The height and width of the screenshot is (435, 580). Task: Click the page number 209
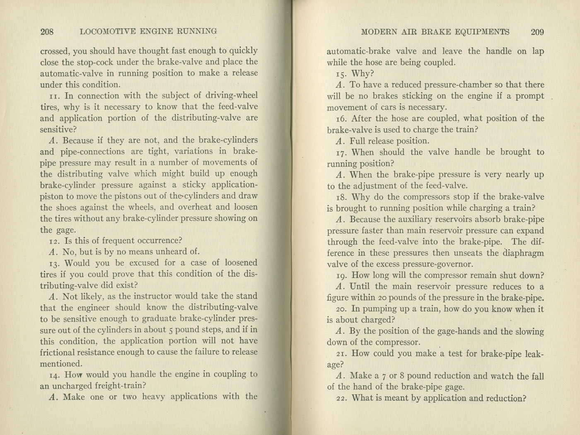coord(537,32)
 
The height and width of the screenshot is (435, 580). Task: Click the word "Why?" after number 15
coord(363,74)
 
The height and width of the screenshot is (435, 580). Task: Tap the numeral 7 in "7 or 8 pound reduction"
coord(384,376)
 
